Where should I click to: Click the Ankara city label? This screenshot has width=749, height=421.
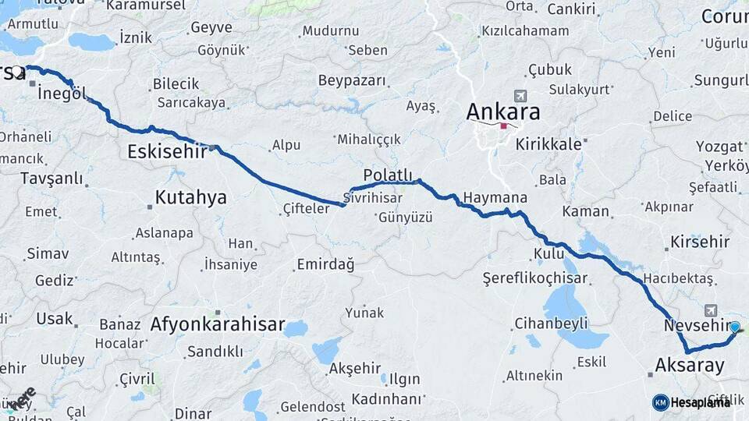click(x=502, y=111)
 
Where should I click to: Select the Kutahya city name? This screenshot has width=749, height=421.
click(x=190, y=198)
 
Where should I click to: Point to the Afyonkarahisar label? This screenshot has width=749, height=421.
click(x=217, y=324)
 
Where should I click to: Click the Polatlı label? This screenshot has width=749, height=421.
click(x=388, y=173)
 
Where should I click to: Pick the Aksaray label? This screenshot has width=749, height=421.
click(x=690, y=364)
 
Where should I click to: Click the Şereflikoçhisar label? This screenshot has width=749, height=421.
click(x=534, y=278)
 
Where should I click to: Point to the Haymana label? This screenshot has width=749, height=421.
click(x=495, y=198)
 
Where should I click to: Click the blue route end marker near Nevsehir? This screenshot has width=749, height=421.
click(x=734, y=327)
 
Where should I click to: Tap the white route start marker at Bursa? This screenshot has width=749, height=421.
click(x=17, y=72)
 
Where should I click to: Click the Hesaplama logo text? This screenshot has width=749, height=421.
click(x=700, y=402)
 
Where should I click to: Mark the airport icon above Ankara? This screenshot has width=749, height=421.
click(x=516, y=95)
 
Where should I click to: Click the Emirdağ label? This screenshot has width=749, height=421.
click(x=325, y=265)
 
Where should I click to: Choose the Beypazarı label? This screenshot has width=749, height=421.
click(x=352, y=80)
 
